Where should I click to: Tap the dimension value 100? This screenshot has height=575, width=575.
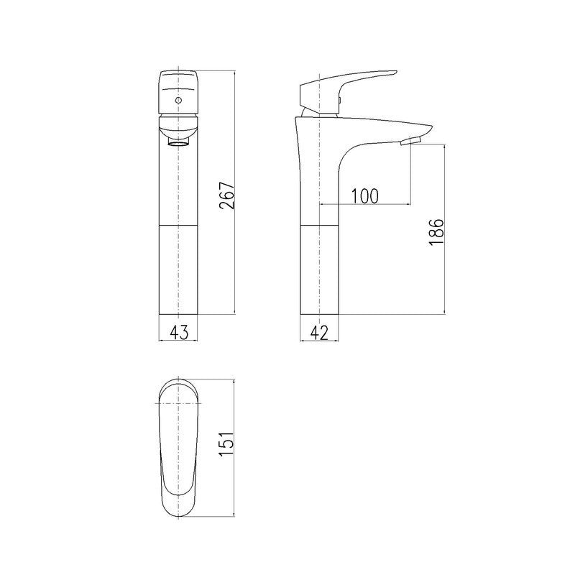(x=364, y=195)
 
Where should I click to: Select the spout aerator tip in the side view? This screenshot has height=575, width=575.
(x=408, y=141)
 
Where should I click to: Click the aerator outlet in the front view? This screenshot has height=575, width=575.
(x=177, y=143)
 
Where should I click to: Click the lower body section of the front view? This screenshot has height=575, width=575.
(x=177, y=270)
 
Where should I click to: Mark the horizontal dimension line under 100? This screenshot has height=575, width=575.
(x=364, y=205)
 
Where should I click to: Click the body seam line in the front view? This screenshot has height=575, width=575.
(x=177, y=225)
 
